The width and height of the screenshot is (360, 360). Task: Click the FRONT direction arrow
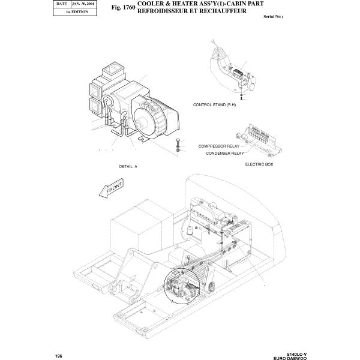(112, 188)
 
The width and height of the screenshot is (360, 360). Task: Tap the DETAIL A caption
(128, 166)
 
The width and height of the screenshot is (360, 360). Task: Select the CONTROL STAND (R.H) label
(214, 104)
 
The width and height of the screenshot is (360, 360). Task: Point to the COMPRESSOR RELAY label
(219, 146)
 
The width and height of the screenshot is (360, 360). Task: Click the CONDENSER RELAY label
(225, 153)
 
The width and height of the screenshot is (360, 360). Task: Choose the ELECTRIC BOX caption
(259, 164)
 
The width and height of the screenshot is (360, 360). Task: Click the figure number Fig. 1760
(123, 7)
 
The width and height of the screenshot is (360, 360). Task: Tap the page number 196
(59, 356)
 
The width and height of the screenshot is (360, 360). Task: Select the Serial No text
(273, 17)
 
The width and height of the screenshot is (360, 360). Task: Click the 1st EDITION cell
(77, 12)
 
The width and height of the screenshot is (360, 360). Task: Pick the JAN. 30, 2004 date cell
(83, 4)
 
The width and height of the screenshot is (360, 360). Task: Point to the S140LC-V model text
(296, 354)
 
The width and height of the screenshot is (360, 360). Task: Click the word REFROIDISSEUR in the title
(164, 11)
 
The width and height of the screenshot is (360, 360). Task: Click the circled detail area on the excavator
(182, 286)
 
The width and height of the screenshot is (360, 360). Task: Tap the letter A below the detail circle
(172, 301)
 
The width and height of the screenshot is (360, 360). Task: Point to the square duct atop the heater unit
(113, 70)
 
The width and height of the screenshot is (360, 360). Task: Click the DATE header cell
(62, 4)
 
